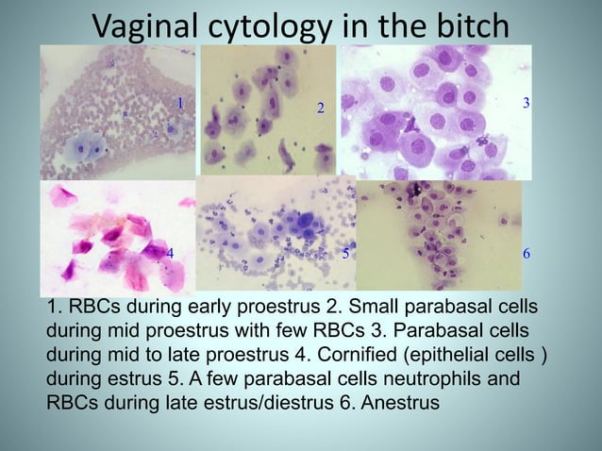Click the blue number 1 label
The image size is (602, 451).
[x=179, y=101]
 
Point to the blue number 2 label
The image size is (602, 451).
[x=320, y=109]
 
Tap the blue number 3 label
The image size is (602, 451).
[x=526, y=101]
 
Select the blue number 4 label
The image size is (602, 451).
[x=170, y=254]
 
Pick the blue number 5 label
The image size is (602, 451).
[x=345, y=254]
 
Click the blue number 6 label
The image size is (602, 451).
[x=526, y=256]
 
